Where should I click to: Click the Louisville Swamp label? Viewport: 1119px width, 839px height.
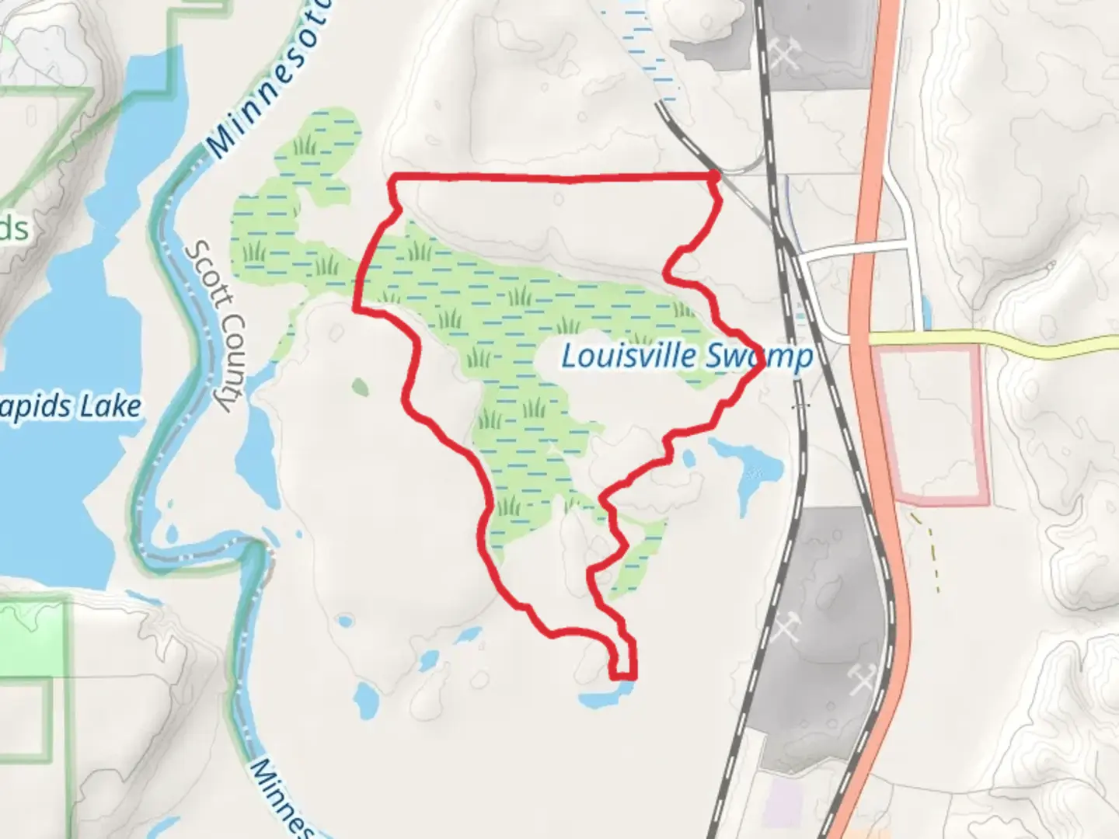pos(687,357)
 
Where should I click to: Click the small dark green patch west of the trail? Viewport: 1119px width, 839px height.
pos(360,386)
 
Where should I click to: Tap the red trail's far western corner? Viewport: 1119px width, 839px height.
pos(357,309)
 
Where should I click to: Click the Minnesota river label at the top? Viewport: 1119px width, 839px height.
pos(272,78)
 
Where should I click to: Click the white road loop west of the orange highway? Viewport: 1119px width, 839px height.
pos(855,249)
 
